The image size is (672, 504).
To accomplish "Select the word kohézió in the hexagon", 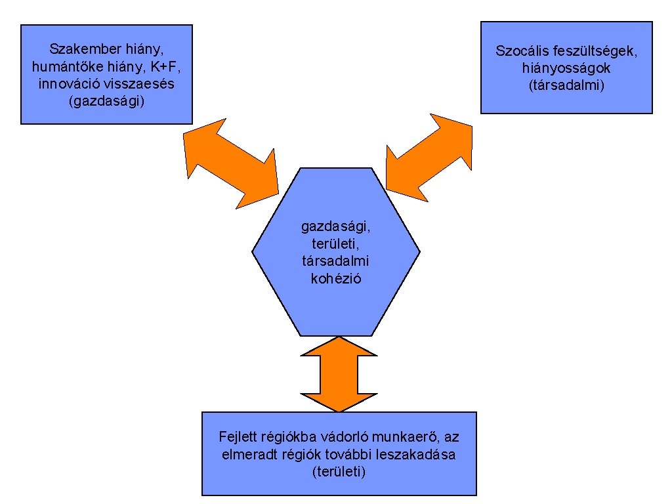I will point(335,278).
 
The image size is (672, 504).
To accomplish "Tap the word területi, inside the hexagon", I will point(335,244).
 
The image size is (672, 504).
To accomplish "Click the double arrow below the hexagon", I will point(339,373).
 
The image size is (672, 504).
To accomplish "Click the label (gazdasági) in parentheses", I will point(106,102).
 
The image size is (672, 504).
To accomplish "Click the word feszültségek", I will point(597,51).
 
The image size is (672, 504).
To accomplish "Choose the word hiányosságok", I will point(566,68).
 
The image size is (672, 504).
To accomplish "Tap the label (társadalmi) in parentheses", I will point(566,85).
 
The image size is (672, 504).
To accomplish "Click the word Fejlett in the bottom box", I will point(236,437).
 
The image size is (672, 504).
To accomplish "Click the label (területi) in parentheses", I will point(339,472).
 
